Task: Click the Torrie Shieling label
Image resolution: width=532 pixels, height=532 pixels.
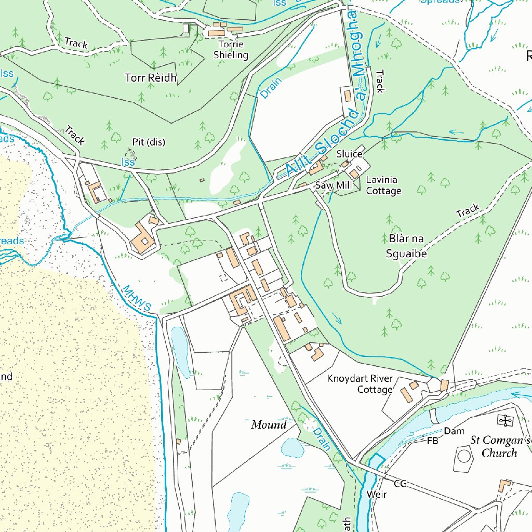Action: [x=231, y=50]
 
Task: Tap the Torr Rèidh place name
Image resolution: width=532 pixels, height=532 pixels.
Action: [x=151, y=78]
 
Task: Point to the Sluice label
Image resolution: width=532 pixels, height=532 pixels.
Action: [x=349, y=154]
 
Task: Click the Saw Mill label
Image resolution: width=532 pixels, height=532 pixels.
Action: [x=333, y=185]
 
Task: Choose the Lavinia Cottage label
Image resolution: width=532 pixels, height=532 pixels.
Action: [x=383, y=185]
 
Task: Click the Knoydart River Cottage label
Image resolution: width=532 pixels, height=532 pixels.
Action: [x=360, y=384]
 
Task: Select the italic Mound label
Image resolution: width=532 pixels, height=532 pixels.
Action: [x=269, y=425]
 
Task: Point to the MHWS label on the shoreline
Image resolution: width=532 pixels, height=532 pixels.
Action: [x=136, y=298]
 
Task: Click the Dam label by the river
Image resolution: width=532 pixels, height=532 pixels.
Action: [x=454, y=431]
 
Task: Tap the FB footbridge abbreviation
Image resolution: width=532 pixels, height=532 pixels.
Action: [x=432, y=442]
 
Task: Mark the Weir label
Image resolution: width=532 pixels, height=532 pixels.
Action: [x=376, y=494]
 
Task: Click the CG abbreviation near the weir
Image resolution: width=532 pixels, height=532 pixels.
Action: [x=400, y=484]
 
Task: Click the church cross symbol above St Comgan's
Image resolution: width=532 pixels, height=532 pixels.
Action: [x=505, y=420]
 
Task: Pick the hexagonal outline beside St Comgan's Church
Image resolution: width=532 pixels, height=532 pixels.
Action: [x=464, y=457]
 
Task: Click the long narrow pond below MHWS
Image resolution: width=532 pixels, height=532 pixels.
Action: [x=180, y=351]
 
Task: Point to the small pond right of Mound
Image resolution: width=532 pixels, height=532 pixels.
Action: [x=292, y=447]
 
